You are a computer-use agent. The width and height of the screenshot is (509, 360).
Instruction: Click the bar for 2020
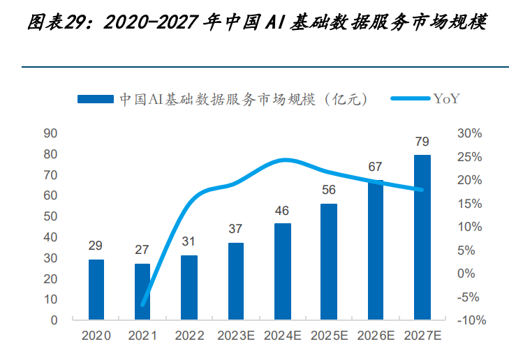[x=96, y=290]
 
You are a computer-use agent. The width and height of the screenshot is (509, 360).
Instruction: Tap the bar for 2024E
[x=283, y=271]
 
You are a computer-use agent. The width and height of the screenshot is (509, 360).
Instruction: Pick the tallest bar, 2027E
[x=422, y=237]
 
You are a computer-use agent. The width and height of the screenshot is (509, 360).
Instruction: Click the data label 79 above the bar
[x=422, y=142]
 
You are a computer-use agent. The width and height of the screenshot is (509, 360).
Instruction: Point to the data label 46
[x=283, y=211]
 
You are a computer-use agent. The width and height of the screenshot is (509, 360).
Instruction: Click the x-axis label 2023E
[x=236, y=336]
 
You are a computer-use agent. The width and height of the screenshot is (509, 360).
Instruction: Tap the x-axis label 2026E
[x=376, y=336]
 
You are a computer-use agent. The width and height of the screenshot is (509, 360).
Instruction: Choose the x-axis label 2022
[x=189, y=336]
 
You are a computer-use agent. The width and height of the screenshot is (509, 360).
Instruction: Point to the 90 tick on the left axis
[x=50, y=133]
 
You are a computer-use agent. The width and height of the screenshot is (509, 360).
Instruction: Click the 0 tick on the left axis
[x=54, y=320]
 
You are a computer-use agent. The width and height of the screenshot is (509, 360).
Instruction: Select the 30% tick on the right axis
[x=469, y=133]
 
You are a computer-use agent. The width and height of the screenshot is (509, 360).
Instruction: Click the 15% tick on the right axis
[x=469, y=204]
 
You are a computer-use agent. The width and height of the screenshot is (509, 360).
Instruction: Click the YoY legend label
[x=446, y=99]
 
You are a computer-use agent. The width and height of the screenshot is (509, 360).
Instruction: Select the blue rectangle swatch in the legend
[x=95, y=99]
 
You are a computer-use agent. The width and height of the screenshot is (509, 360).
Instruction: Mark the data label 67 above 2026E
[x=376, y=167]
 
